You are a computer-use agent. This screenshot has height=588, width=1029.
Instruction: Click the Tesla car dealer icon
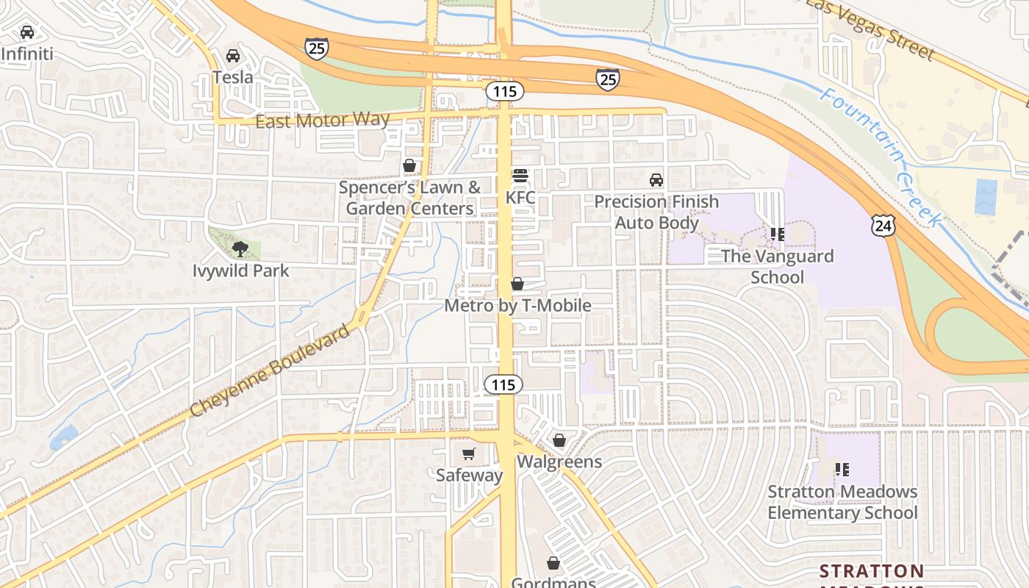point(233,56)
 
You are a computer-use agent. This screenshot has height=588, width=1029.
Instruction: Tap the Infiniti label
point(28,54)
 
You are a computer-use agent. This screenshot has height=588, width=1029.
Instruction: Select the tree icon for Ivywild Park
point(240,249)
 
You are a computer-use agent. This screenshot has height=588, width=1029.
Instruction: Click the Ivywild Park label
point(241,271)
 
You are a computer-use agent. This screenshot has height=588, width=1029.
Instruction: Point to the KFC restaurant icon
point(520,176)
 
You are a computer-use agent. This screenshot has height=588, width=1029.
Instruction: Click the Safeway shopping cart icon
point(469,454)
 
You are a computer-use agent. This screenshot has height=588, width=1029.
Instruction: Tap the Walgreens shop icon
point(559,440)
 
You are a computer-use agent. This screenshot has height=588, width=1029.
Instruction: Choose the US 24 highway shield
point(883,225)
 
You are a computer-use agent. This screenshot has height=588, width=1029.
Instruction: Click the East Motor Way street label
point(322,121)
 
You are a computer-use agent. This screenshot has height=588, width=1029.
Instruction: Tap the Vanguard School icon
point(777,234)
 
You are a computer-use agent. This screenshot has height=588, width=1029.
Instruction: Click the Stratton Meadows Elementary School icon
point(842,469)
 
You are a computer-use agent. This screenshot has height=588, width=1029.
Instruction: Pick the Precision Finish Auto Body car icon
point(656,180)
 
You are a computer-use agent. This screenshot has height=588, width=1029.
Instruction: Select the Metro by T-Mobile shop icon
point(517,284)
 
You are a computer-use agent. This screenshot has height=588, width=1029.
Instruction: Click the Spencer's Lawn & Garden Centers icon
point(409,166)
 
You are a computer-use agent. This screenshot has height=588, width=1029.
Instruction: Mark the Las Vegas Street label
point(872,29)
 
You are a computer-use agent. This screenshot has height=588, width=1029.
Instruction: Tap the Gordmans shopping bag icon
point(553,564)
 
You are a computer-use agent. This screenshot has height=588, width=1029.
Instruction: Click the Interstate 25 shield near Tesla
point(317,49)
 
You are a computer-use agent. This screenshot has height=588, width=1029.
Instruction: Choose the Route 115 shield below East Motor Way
point(505,92)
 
